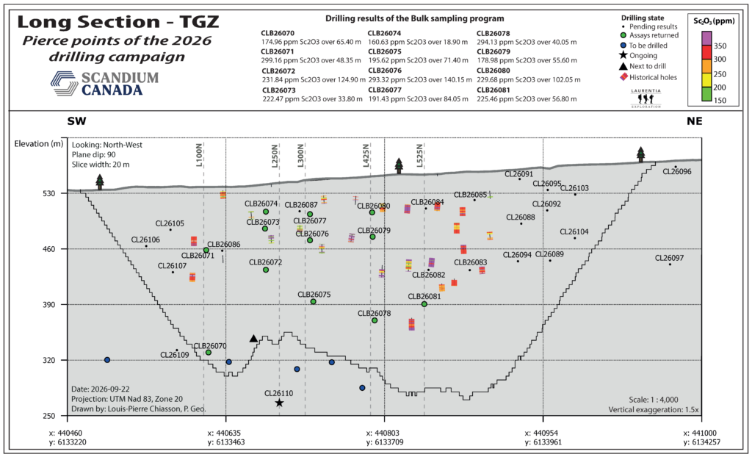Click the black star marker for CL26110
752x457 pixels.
(279, 403)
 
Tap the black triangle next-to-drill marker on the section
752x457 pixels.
(253, 339)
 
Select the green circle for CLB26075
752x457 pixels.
(313, 301)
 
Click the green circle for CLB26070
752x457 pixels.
(209, 353)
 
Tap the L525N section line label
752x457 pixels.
(419, 156)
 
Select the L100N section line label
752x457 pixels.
(199, 156)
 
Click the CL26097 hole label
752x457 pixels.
(670, 259)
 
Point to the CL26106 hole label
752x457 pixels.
(146, 240)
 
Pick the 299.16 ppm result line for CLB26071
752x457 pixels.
(311, 60)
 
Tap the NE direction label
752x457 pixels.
(694, 121)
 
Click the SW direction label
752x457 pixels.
(76, 121)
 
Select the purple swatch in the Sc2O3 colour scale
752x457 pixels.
(706, 38)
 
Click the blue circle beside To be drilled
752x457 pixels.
(623, 46)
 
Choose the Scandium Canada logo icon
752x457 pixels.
(65, 83)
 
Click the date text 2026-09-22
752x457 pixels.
(112, 389)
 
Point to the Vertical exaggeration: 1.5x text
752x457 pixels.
(654, 409)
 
